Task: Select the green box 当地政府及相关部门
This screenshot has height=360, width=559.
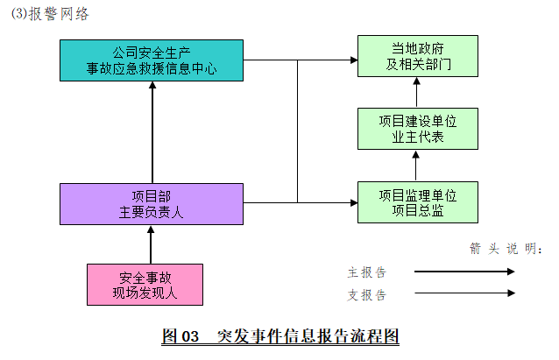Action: [417, 57]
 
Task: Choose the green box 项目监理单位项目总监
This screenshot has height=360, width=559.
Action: [417, 201]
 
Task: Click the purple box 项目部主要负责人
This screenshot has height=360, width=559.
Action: [151, 203]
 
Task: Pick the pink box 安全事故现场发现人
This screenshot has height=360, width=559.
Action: [145, 285]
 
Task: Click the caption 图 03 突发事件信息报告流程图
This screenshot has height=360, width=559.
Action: [280, 335]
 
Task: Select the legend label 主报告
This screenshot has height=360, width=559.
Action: [366, 272]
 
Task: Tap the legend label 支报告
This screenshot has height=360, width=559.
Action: [366, 294]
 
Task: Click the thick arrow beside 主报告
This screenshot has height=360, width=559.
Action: [464, 272]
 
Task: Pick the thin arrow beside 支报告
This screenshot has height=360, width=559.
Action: [464, 294]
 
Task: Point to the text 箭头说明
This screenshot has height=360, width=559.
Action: [506, 248]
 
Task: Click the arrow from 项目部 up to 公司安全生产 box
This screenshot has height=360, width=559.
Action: [152, 131]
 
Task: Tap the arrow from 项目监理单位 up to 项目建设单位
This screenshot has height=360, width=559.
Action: [417, 166]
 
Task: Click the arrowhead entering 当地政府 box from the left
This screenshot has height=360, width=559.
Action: [352, 60]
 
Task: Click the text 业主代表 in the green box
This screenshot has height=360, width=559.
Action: [417, 137]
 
